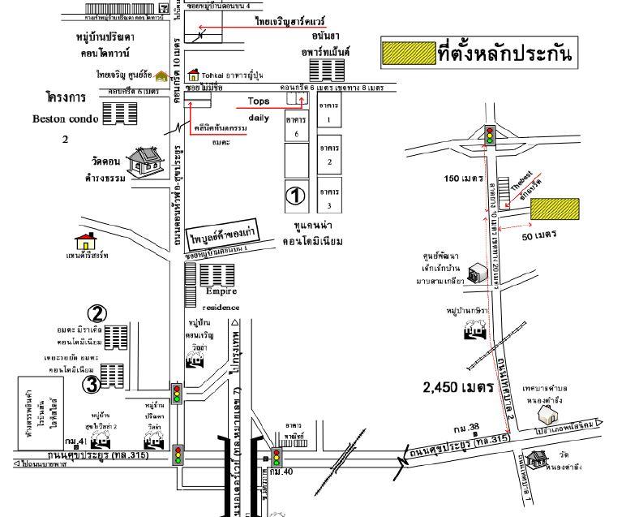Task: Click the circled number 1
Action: pos(296,196)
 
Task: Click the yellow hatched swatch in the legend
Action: pos(409,54)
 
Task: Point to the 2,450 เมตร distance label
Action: pos(458,388)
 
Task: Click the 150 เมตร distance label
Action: pos(463,178)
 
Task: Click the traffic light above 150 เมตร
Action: pos(490,135)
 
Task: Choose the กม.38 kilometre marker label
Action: pos(466,428)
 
